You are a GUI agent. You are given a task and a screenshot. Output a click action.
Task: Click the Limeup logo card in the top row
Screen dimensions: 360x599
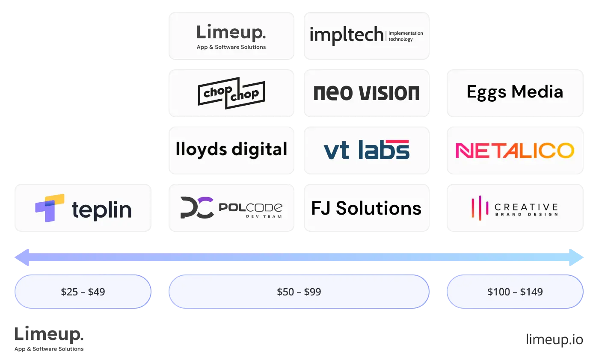231,36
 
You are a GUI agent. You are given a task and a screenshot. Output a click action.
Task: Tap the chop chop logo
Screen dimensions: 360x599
231,93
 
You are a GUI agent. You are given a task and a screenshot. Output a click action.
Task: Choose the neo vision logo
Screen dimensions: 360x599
366,93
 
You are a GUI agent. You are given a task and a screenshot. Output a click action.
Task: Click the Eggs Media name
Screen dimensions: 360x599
515,92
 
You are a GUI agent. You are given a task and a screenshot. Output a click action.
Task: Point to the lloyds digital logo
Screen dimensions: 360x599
231,150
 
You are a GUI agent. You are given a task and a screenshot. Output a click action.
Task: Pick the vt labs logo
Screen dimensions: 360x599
366,150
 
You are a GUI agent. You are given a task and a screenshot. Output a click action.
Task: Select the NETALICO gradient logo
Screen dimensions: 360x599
515,150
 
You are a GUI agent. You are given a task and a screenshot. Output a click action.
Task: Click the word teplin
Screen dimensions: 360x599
101,210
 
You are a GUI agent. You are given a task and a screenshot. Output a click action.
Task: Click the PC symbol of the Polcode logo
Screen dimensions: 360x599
196,208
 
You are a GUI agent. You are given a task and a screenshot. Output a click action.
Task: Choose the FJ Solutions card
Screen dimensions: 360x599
366,208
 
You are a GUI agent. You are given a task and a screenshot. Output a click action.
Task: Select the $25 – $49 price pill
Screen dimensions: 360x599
83,292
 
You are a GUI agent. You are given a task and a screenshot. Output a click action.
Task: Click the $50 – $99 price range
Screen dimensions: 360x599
299,292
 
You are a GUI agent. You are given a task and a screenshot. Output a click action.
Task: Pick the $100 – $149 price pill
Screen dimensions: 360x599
515,292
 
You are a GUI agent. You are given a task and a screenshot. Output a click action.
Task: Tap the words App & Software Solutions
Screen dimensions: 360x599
231,47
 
